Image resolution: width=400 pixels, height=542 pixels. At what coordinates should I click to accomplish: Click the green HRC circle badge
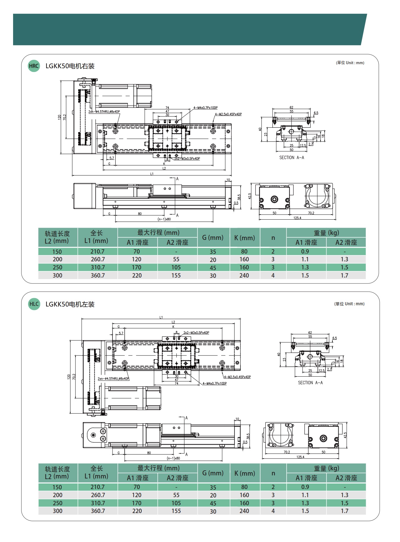34,66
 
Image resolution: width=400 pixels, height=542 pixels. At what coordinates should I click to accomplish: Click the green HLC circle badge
34,304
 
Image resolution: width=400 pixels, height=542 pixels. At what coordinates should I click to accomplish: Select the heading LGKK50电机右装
70,66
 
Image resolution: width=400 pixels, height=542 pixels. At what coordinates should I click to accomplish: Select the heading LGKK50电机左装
70,304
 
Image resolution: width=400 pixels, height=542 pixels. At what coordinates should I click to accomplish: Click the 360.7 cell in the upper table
98,275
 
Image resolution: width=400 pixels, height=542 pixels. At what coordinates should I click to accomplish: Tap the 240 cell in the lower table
244,511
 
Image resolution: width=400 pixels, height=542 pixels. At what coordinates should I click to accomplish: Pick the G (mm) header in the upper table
213,238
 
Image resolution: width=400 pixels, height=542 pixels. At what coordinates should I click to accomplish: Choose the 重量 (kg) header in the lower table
326,468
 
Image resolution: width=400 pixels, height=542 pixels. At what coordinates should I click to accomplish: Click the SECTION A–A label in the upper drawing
292,158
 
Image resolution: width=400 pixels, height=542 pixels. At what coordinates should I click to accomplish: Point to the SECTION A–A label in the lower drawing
310,383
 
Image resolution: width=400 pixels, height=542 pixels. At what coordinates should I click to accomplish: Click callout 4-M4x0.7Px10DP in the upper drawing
205,108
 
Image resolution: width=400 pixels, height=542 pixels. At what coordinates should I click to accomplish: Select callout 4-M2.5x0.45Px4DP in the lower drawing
237,377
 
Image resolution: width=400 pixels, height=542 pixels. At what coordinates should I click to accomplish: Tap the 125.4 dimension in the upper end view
297,218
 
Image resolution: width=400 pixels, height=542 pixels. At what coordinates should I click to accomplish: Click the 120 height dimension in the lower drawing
69,377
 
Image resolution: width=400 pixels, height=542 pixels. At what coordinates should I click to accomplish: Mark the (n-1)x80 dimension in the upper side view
164,219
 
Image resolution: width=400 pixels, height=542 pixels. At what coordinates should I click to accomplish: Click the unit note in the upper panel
350,63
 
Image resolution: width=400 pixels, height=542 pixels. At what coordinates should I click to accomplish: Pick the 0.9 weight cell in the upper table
305,251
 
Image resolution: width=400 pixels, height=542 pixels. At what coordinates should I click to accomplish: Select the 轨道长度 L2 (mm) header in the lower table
57,473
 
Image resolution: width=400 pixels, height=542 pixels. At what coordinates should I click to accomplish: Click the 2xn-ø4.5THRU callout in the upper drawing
104,112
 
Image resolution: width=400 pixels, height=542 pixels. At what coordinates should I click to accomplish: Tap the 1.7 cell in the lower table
344,511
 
